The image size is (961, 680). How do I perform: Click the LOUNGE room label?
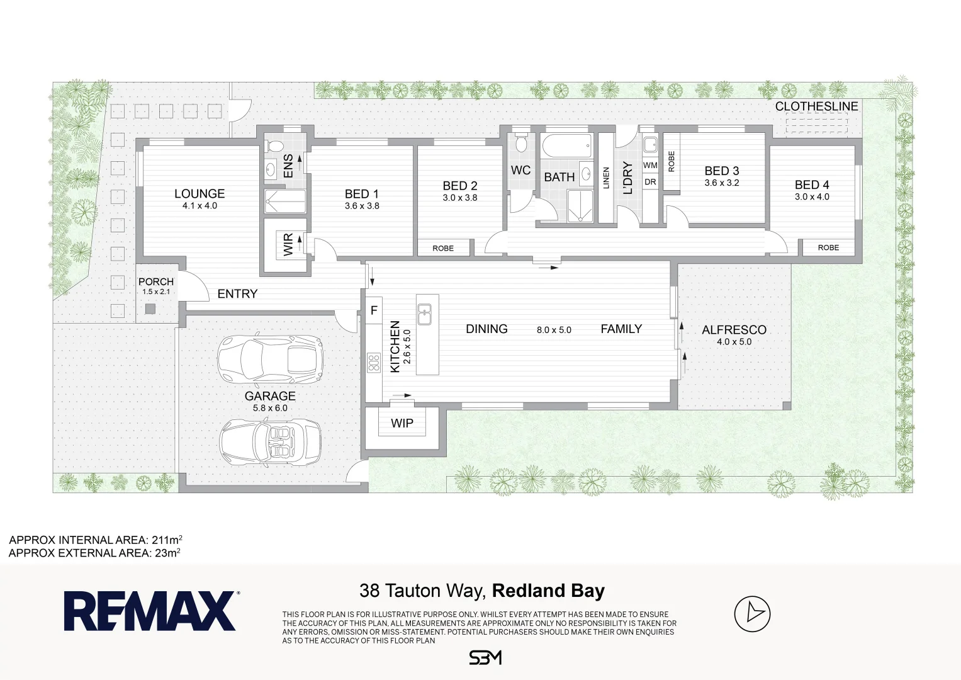point(200,194)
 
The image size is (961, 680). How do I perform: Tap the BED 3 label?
point(722,171)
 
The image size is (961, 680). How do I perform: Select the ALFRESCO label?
point(734,330)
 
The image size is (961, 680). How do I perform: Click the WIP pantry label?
point(402,423)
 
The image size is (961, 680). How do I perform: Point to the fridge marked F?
point(374,310)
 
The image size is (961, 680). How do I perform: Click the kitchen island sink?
point(424,314)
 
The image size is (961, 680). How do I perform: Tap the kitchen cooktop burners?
point(374,362)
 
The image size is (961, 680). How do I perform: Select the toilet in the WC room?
point(521,143)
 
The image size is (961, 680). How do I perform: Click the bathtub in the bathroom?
point(567,145)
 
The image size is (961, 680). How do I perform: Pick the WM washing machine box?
point(650,165)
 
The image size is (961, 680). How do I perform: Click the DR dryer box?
point(650,182)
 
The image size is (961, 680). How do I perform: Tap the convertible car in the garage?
point(270,442)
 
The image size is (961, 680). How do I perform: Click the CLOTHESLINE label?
point(816,106)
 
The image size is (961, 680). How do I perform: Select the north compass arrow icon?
point(752,613)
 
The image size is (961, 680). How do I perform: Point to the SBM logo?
point(485,658)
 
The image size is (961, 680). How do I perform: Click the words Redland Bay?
point(548,591)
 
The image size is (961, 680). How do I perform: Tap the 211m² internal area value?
point(167,540)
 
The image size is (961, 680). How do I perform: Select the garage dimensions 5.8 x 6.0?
point(270,408)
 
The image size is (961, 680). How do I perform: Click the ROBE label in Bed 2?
point(443,248)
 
